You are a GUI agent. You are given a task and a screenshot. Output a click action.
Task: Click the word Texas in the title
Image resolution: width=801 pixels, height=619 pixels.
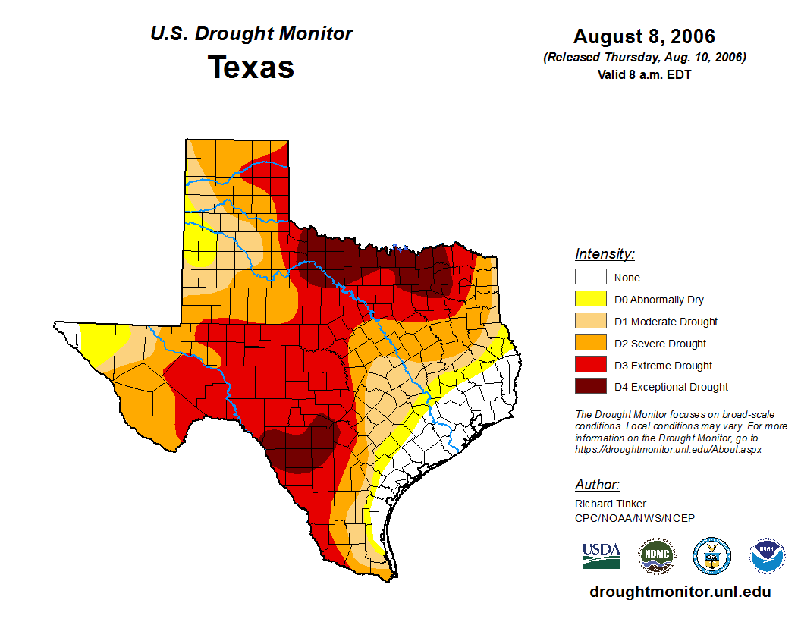coord(251,68)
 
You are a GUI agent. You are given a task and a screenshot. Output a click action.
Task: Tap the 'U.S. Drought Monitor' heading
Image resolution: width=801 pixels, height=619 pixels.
coord(251,33)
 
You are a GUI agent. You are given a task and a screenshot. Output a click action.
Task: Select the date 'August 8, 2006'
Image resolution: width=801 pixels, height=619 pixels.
coord(644,36)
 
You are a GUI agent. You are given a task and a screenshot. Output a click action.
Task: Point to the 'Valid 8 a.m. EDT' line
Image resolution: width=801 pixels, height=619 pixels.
coord(644,74)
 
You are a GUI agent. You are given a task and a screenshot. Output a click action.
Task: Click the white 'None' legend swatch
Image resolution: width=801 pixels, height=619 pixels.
coord(590,278)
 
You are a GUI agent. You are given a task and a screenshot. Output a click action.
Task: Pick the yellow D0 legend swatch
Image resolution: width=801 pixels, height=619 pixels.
coord(590,300)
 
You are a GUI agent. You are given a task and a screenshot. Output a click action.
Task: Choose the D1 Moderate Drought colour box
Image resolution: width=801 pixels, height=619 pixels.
coord(590,322)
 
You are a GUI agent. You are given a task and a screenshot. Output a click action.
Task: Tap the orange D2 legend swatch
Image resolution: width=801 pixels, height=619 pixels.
coord(590,344)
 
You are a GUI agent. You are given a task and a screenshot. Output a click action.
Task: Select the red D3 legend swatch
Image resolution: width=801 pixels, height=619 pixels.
coord(590,366)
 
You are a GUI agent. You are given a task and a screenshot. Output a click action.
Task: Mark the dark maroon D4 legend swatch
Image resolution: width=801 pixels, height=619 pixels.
coord(590,387)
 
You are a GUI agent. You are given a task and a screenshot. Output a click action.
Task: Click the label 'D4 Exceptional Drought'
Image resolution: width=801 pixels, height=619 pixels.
coord(671,387)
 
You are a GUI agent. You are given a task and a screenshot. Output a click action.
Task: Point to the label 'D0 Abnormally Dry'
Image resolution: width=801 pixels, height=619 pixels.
coord(659,300)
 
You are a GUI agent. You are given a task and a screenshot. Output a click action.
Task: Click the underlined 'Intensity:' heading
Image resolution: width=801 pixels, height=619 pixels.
coord(605,254)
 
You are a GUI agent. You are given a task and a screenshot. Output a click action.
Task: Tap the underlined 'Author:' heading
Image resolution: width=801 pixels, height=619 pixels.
coord(597,485)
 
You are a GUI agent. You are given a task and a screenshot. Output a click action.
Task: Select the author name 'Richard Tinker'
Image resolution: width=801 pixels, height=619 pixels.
coord(611,504)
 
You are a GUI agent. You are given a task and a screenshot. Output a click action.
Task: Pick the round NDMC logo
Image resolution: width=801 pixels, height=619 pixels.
coord(656,556)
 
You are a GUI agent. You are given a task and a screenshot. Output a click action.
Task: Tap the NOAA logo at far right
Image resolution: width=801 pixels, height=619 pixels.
coord(767,556)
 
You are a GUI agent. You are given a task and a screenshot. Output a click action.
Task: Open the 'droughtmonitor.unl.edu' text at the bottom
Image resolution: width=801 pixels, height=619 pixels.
coord(680,592)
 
